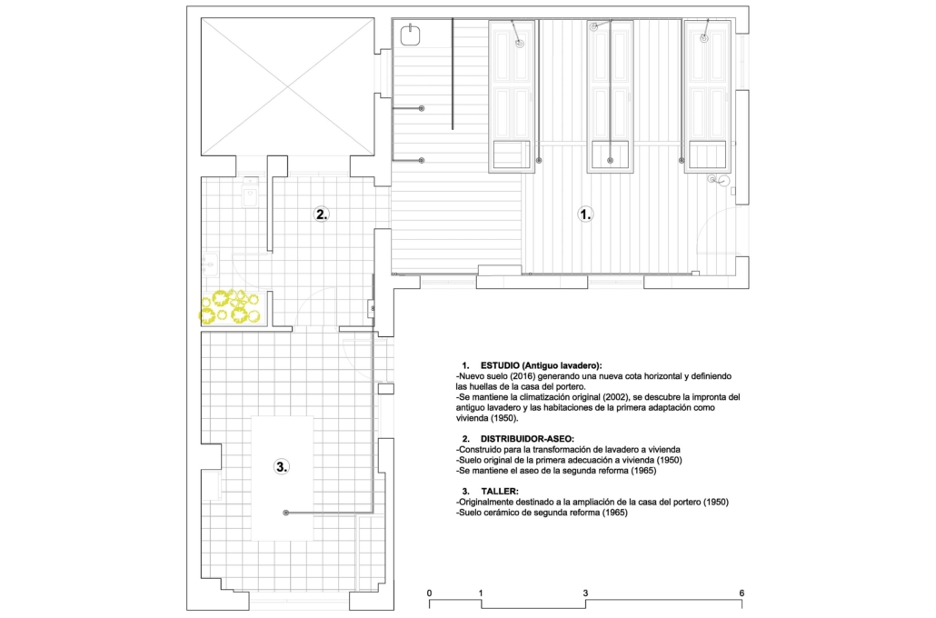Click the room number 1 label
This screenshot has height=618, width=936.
point(585,214)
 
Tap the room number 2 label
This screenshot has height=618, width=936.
point(321,214)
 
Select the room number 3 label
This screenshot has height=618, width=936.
point(281,467)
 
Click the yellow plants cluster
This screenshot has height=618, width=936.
point(230,307)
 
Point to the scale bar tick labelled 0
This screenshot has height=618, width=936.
point(429,593)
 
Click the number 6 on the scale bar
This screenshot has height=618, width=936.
point(742,593)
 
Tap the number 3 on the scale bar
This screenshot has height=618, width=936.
point(585,593)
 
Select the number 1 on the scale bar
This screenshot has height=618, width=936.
point(481,593)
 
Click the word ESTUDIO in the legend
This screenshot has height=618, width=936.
point(500,365)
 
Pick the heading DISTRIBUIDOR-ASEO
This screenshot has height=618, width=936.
point(527,439)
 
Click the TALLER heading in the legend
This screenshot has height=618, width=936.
point(500,492)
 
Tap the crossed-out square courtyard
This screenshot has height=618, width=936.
point(288,86)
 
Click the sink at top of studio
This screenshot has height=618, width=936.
point(410,35)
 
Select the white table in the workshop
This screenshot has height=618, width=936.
point(283,478)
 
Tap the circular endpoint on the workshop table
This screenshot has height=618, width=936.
point(286,513)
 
